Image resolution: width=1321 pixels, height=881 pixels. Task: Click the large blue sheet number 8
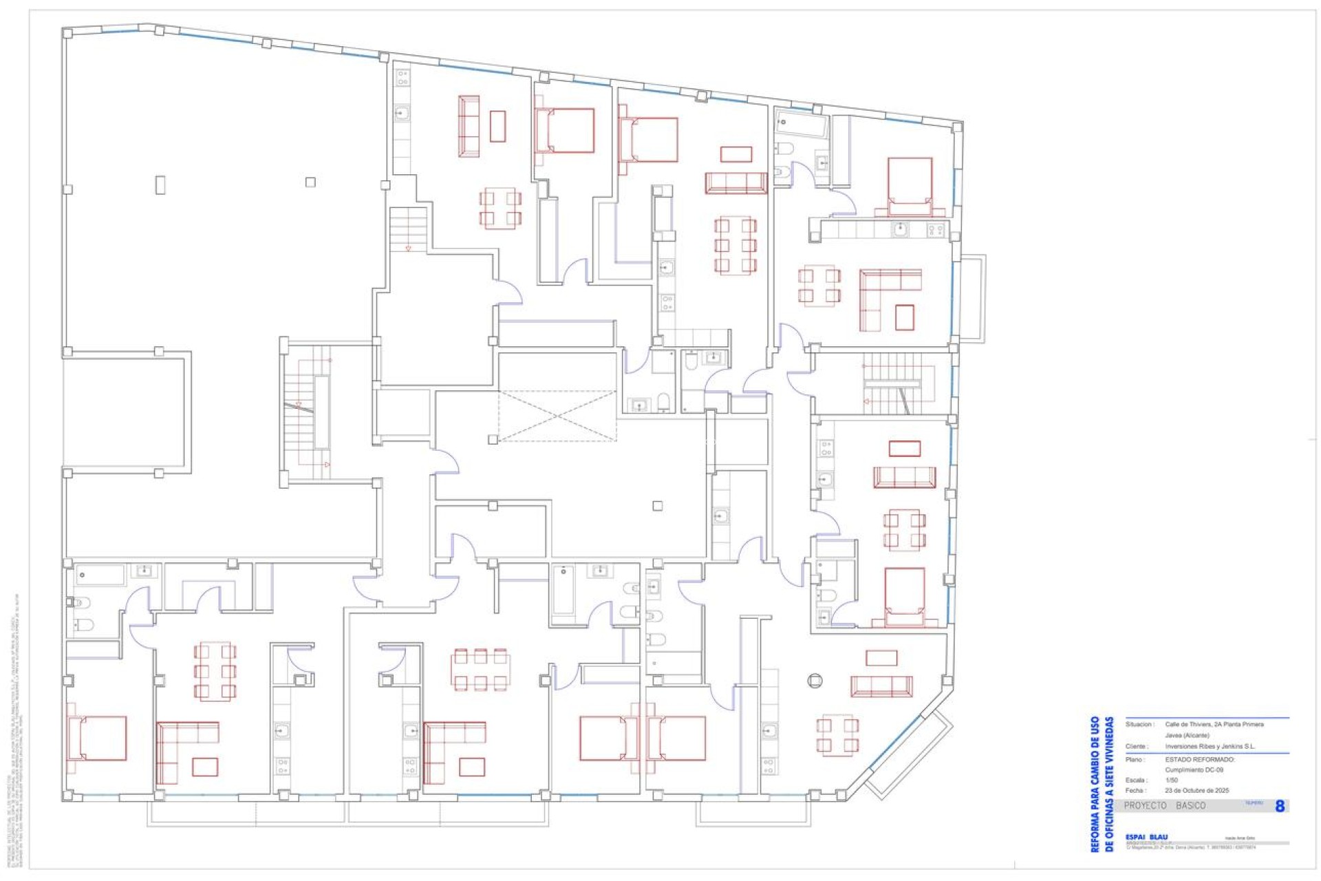point(1279,806)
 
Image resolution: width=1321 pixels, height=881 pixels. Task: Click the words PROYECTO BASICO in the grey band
point(1164,805)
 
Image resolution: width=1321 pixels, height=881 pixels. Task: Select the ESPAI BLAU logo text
point(1146,837)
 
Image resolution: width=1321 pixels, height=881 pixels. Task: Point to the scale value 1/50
point(1171,780)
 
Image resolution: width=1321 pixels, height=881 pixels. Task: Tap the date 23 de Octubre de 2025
point(1196,790)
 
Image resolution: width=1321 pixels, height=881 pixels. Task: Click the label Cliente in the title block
point(1136,746)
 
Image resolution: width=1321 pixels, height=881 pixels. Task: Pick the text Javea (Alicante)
point(1187,735)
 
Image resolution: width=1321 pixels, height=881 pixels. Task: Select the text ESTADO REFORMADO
point(1199,759)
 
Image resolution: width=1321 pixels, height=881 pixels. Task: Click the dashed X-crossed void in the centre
point(557,416)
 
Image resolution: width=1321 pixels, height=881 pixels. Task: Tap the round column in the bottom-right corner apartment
point(815,681)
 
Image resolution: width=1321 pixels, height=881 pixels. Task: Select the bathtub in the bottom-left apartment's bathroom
point(100,575)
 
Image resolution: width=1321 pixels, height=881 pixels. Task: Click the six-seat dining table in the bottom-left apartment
point(215,671)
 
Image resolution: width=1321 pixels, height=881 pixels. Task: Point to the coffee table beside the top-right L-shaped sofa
point(904,317)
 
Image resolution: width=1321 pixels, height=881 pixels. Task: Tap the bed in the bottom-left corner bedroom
point(98,739)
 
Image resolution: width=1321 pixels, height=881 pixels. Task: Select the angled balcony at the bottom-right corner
point(908,756)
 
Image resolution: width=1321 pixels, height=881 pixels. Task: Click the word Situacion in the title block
point(1139,724)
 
